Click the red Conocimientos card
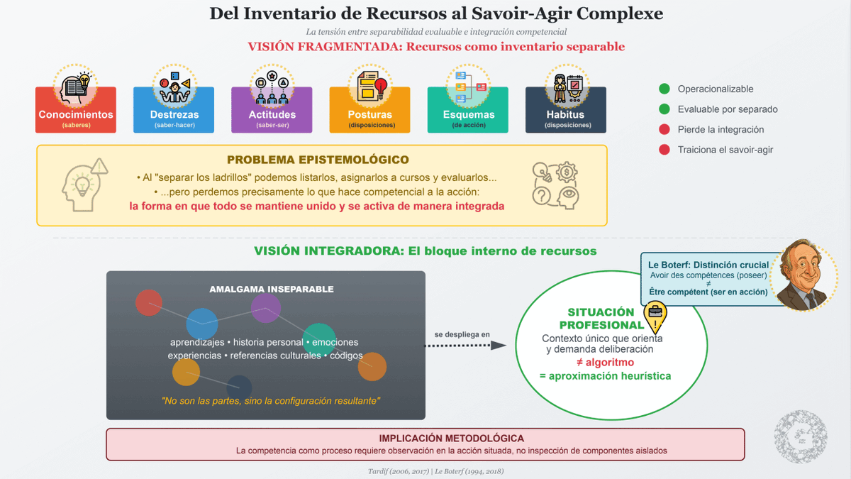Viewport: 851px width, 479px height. [x=76, y=110]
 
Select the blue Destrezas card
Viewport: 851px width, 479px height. [x=174, y=110]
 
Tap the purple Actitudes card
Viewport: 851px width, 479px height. [x=272, y=110]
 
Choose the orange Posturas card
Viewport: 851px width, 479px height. [x=369, y=110]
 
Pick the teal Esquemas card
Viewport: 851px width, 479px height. [x=467, y=110]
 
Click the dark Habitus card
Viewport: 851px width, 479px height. [x=565, y=110]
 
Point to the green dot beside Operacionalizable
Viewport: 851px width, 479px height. [x=664, y=89]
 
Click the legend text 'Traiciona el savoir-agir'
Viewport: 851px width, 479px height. [x=725, y=150]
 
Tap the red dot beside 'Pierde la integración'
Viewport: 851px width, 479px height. [x=664, y=129]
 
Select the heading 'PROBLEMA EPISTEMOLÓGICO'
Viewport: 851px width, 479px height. [x=318, y=160]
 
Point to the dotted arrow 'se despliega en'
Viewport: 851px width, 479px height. [x=465, y=346]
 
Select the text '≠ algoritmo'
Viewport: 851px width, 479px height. [x=605, y=363]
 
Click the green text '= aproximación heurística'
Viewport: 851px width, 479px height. [x=605, y=376]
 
